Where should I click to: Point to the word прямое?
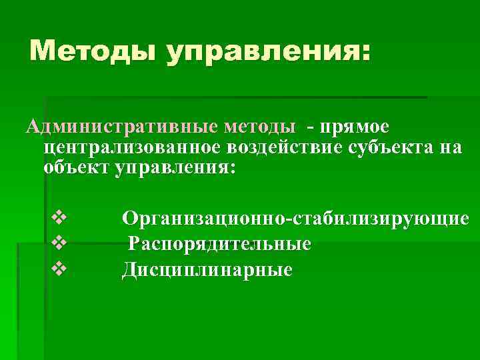[x=361, y=126]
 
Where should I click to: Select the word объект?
[x=76, y=167]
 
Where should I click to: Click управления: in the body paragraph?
[x=175, y=167]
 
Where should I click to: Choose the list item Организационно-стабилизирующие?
[x=295, y=219]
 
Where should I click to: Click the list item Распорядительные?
[x=220, y=244]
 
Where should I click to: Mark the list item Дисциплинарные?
[x=207, y=270]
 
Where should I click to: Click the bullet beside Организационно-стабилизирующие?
[x=58, y=217]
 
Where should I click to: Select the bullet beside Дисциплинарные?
[x=58, y=269]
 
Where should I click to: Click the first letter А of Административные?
[x=31, y=126]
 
